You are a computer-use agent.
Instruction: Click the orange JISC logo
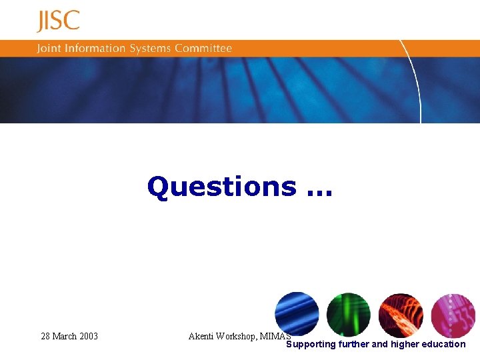click(x=58, y=21)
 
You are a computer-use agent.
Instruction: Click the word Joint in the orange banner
click(x=49, y=49)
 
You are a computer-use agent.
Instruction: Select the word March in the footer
click(x=65, y=336)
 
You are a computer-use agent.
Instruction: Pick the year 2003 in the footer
click(x=89, y=336)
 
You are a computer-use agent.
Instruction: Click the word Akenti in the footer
click(x=201, y=336)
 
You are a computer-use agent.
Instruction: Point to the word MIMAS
click(x=275, y=336)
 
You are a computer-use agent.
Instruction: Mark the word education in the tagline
click(x=443, y=344)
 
